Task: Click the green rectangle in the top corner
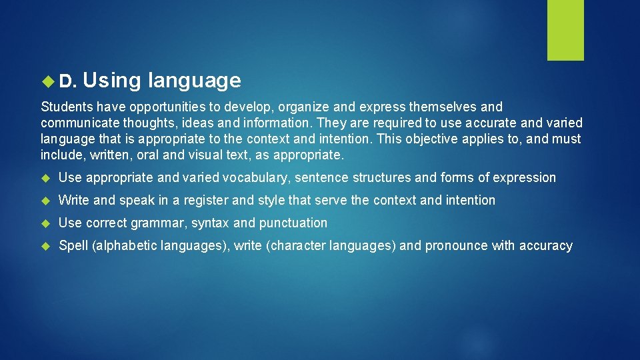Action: click(565, 30)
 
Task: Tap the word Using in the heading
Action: click(113, 81)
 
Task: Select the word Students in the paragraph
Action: click(67, 107)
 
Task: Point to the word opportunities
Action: click(174, 107)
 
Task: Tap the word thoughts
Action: click(145, 123)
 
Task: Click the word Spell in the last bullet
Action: click(73, 246)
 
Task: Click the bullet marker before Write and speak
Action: click(46, 201)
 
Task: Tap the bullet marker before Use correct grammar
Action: click(46, 223)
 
